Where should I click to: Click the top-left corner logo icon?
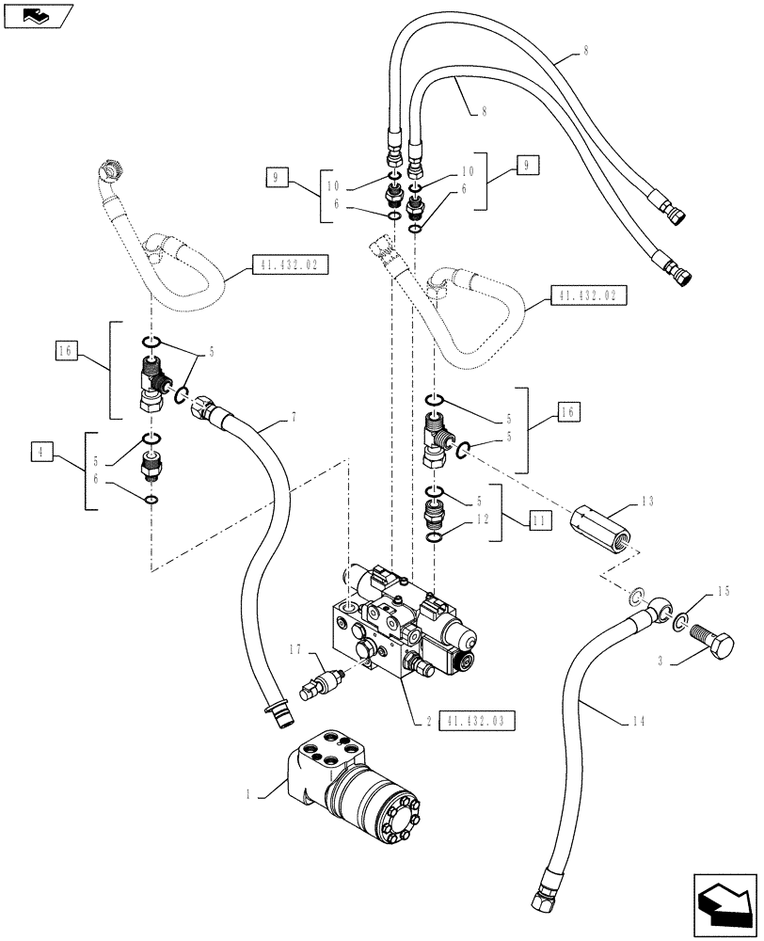37,13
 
